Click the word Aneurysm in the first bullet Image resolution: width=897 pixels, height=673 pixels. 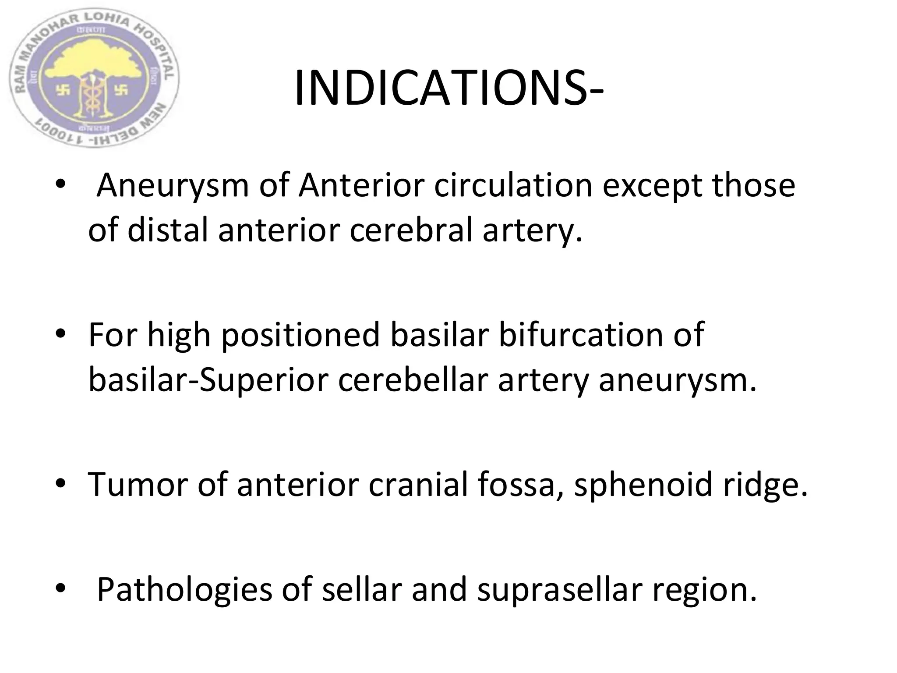(x=173, y=186)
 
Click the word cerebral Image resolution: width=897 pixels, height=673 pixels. (x=411, y=231)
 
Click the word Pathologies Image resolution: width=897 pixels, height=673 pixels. (x=184, y=590)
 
